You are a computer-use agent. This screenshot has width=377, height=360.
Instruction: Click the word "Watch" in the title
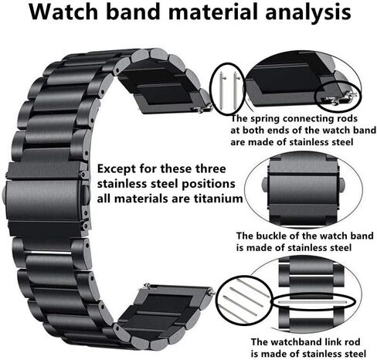click(63, 12)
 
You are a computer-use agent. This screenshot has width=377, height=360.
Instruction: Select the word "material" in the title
click(213, 12)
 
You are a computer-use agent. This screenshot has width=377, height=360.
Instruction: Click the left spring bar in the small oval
click(222, 90)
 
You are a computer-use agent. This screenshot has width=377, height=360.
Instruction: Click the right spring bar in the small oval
click(236, 90)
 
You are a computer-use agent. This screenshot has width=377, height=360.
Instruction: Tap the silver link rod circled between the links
click(314, 301)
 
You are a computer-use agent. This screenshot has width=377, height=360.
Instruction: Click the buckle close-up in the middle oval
click(304, 190)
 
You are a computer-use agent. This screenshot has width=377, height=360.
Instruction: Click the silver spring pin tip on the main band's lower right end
click(212, 292)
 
